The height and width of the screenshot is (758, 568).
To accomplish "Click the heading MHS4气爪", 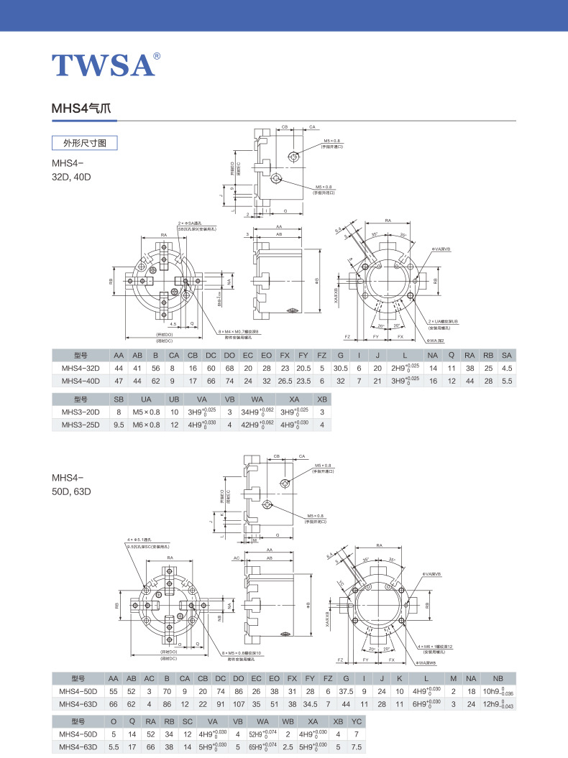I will point(81,108).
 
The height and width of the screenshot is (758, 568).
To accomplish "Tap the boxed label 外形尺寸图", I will point(85,143).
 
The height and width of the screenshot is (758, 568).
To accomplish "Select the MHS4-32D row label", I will point(80,368).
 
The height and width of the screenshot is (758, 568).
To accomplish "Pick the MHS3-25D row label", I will point(80,425).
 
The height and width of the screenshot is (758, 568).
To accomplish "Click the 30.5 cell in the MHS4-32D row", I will point(341,368).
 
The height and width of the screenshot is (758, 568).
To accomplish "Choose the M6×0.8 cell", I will point(146,425).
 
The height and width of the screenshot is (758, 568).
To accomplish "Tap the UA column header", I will point(146,399).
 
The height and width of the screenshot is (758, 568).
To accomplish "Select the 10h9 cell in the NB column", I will point(497,691).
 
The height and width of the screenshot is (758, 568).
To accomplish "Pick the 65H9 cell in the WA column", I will point(263,748).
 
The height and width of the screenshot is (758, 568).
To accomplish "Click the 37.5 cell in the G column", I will point(347,691).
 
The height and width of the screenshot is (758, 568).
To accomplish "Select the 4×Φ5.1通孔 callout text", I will point(139,539).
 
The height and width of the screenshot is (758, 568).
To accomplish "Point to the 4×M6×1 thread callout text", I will point(440,647).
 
